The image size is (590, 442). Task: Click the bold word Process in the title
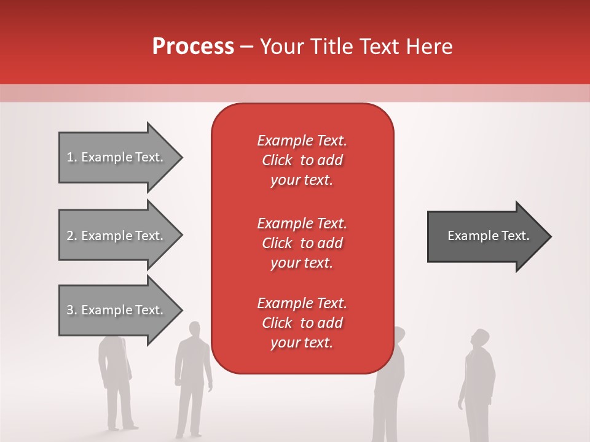(193, 47)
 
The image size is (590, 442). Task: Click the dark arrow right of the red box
(486, 236)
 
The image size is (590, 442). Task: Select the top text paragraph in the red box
(302, 160)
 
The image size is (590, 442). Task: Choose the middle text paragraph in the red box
(302, 242)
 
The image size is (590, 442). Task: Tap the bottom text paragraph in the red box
(302, 323)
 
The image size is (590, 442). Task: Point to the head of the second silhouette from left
(194, 329)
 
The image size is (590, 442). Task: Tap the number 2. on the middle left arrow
(71, 236)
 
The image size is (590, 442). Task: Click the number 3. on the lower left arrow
(71, 310)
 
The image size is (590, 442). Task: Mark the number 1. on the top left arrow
(71, 157)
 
